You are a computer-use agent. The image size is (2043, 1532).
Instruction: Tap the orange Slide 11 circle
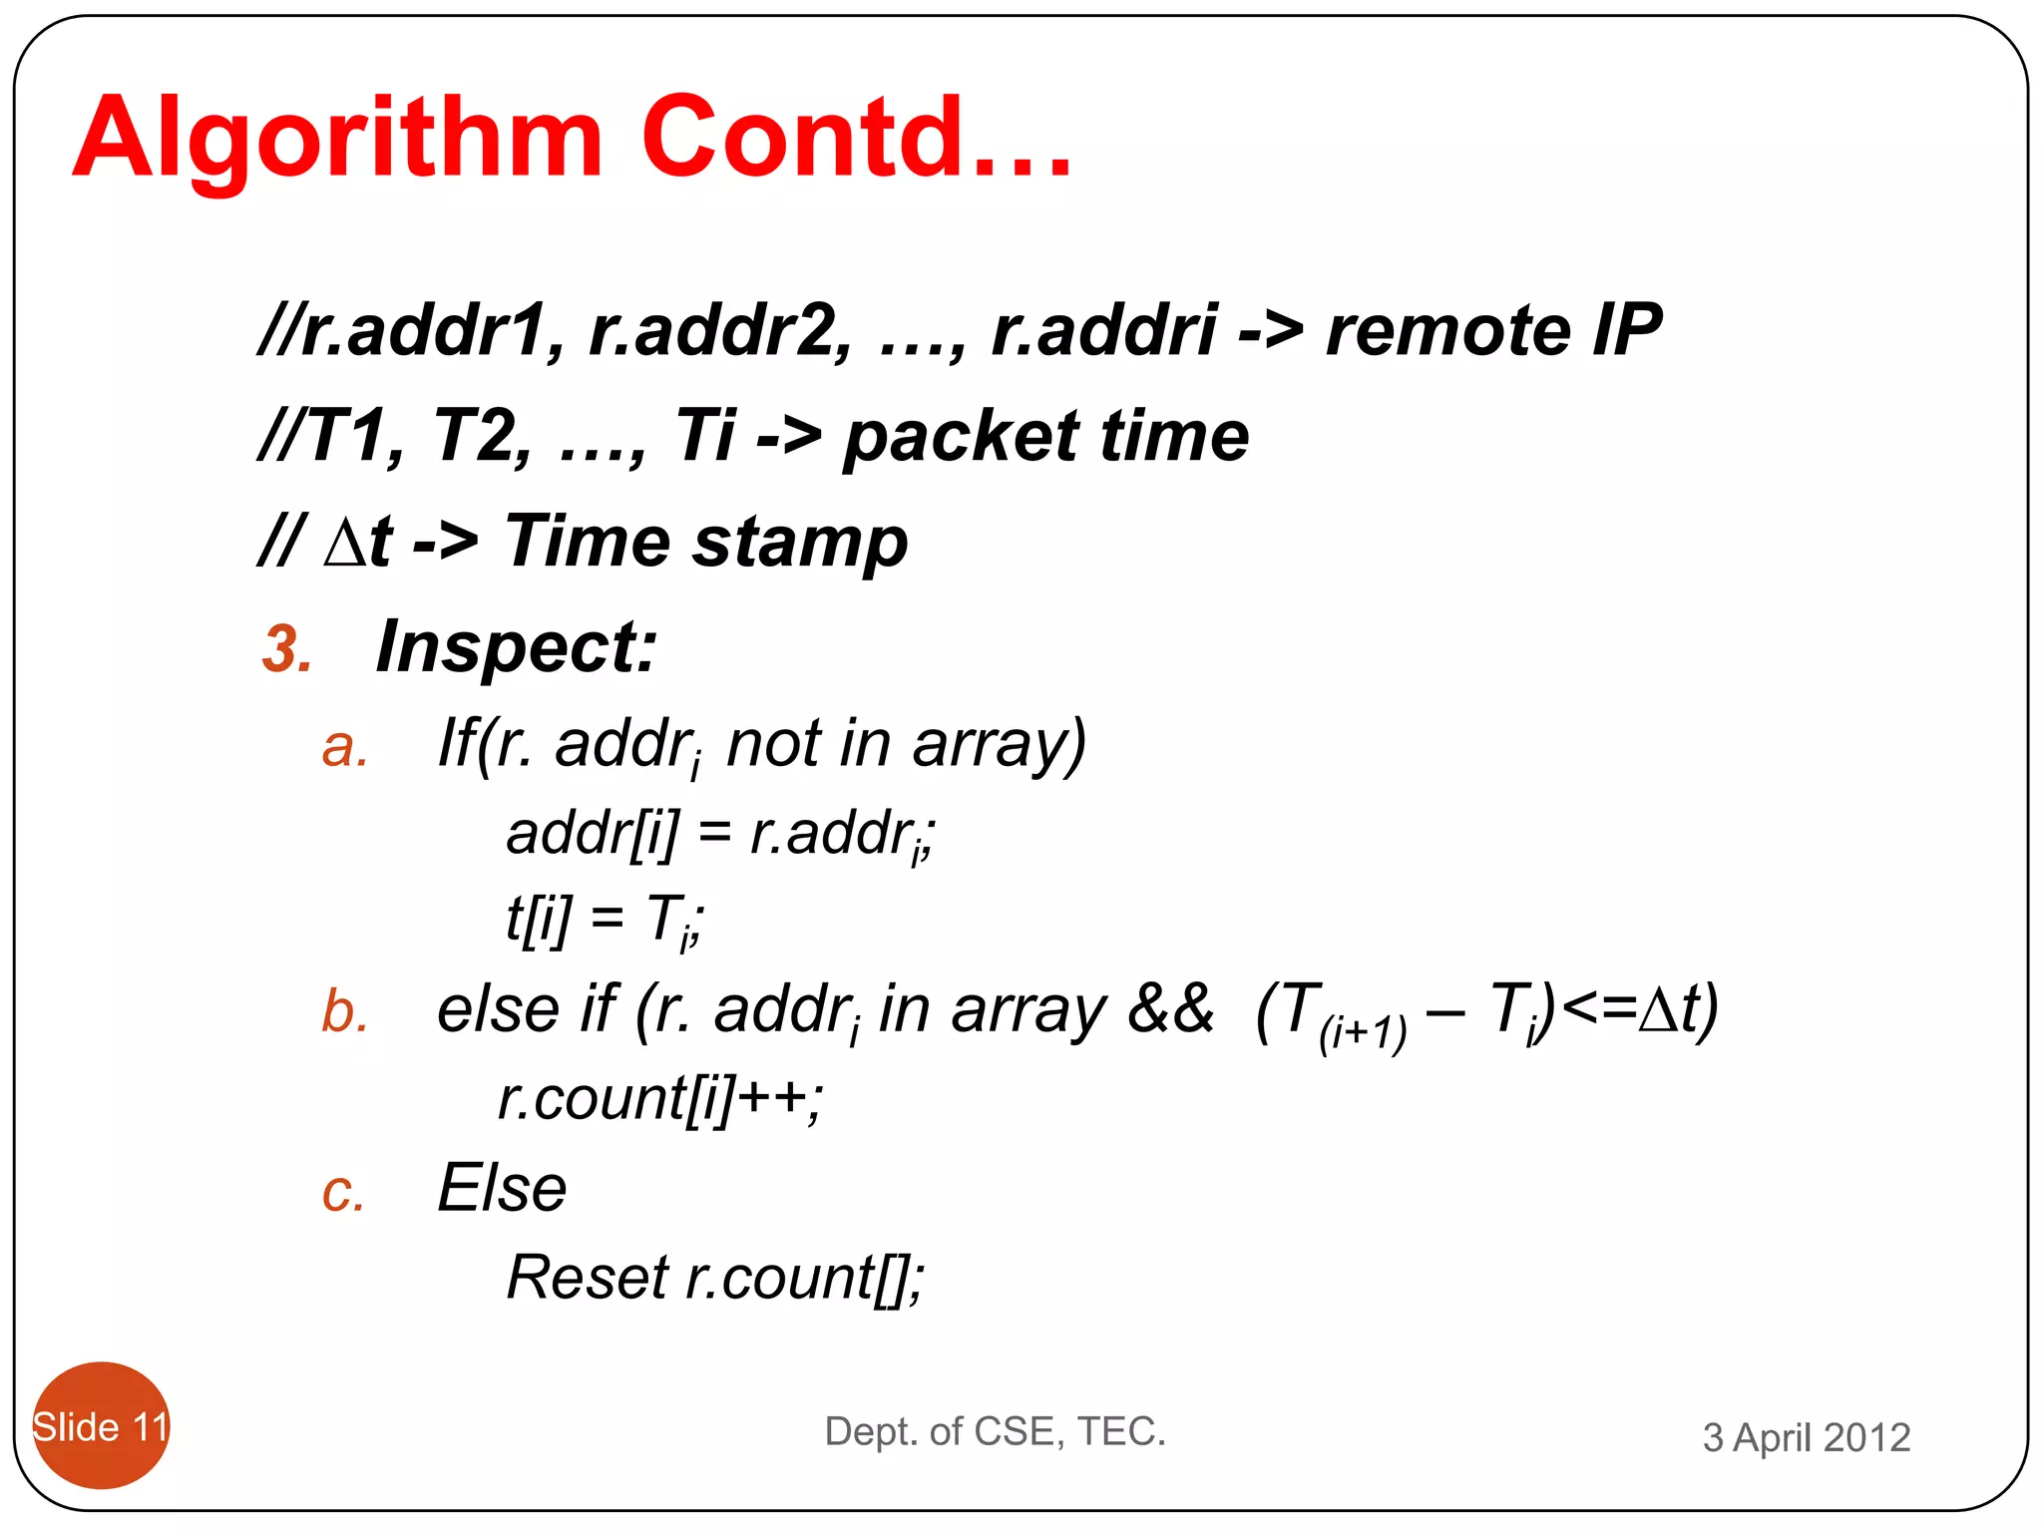click(x=101, y=1425)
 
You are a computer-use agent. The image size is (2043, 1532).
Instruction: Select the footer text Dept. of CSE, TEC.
click(x=995, y=1431)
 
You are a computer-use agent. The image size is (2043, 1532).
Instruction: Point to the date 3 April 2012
click(x=1806, y=1437)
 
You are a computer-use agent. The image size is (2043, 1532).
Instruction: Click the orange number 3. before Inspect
click(x=287, y=649)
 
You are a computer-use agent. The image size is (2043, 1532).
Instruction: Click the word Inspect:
click(x=517, y=647)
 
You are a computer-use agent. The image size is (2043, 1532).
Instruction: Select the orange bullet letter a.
click(x=345, y=747)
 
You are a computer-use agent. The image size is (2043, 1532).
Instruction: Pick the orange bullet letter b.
click(x=345, y=1011)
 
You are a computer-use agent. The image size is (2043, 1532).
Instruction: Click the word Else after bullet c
click(x=502, y=1189)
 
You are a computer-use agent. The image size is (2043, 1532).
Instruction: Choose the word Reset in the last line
click(x=588, y=1277)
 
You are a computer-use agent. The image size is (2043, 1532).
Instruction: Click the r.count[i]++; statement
click(x=660, y=1099)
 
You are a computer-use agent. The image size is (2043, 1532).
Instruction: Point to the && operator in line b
click(x=1169, y=1009)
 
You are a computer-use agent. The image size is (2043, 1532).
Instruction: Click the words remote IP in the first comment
click(x=1492, y=330)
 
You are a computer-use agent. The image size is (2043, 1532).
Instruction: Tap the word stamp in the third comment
click(x=800, y=543)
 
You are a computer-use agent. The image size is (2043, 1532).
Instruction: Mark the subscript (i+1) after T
click(x=1362, y=1033)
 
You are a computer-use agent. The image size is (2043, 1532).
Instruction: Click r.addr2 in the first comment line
click(x=719, y=330)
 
